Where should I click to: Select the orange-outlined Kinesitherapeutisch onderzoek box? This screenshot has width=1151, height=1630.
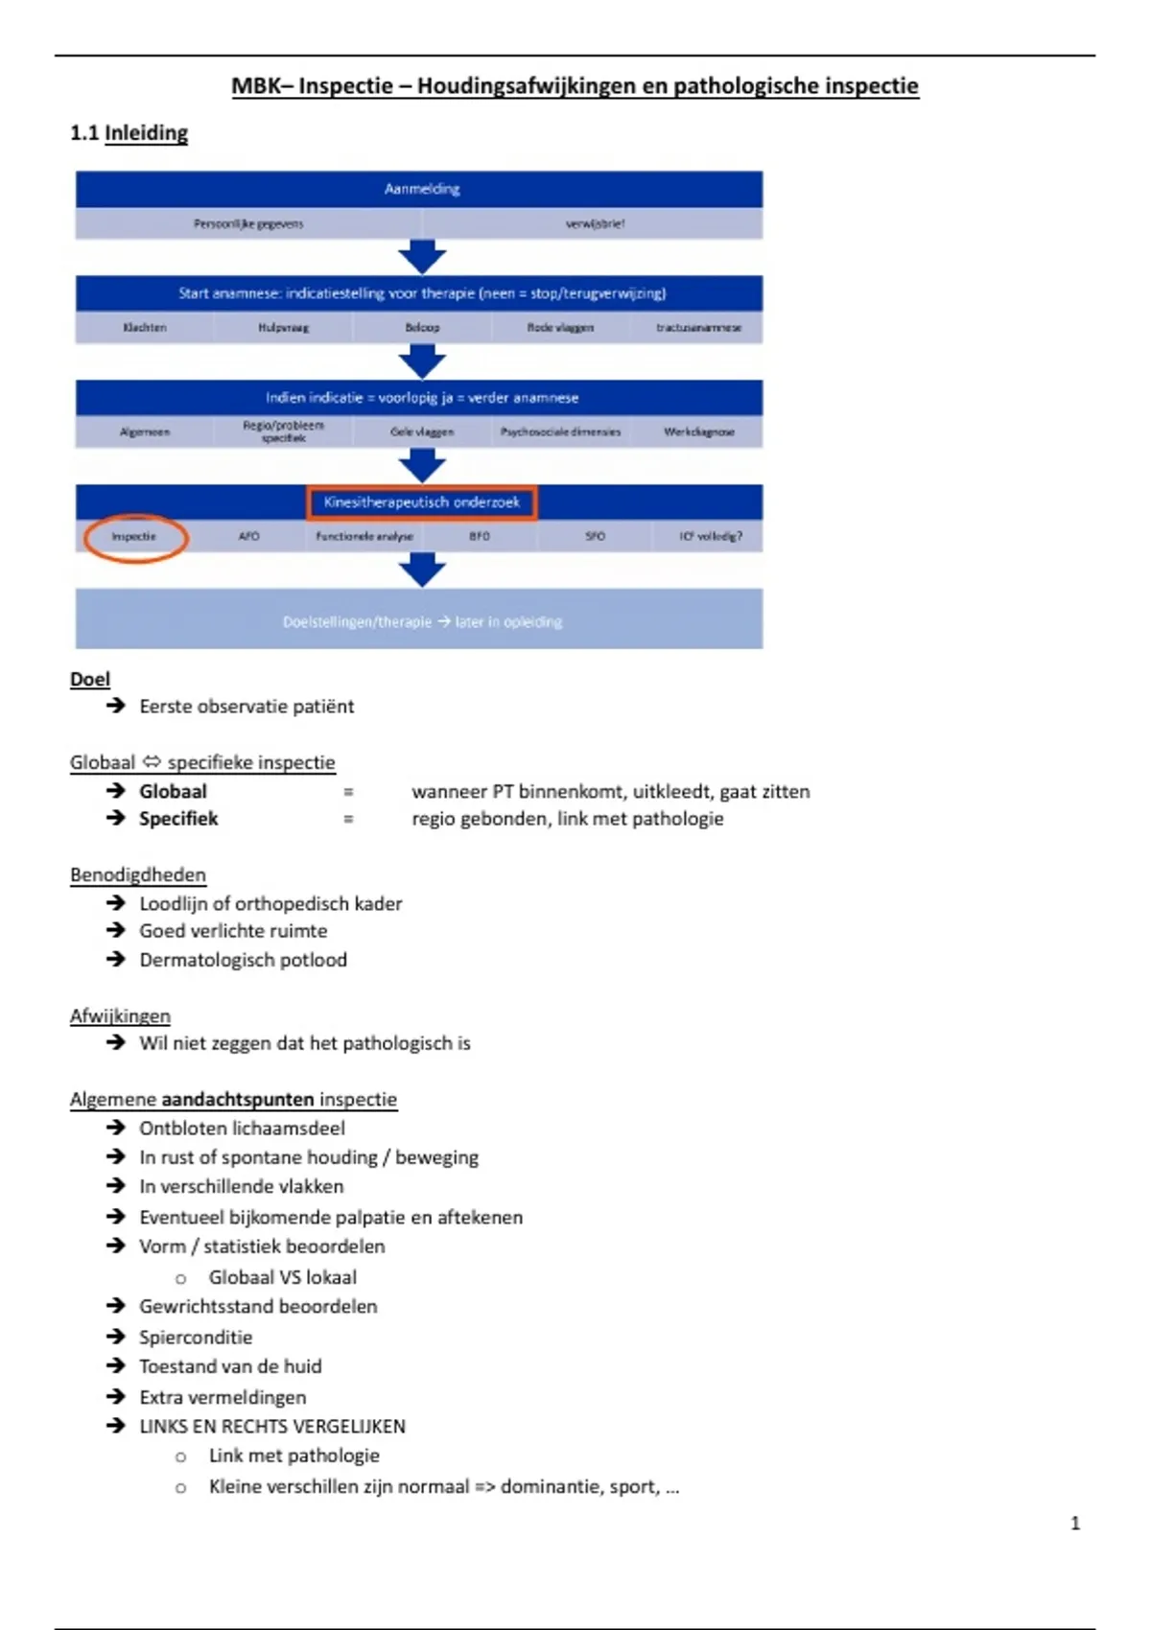click(x=421, y=501)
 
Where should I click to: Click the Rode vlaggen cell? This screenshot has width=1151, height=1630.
click(x=560, y=328)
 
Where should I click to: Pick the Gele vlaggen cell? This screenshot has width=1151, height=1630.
click(x=421, y=432)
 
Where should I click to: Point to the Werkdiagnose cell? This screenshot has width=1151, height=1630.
click(x=698, y=432)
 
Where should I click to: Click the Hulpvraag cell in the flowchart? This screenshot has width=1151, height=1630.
click(x=283, y=328)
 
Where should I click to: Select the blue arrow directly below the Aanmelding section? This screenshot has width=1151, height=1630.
click(x=421, y=257)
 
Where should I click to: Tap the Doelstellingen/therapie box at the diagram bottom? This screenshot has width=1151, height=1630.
click(x=421, y=621)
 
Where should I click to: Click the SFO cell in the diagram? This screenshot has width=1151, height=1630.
click(x=595, y=537)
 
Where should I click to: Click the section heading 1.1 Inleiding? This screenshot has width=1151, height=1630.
click(x=129, y=133)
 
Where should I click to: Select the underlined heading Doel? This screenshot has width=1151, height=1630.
click(x=90, y=679)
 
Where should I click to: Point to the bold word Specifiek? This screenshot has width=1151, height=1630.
click(x=178, y=819)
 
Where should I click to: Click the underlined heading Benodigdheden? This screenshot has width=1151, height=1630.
click(x=138, y=874)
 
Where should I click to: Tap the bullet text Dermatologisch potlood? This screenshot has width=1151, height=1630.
click(x=243, y=960)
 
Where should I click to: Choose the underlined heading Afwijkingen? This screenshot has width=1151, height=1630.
click(x=120, y=1015)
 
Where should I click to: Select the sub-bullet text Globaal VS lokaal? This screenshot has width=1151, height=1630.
click(x=282, y=1277)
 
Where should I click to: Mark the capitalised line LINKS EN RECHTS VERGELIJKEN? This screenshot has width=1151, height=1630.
click(x=272, y=1426)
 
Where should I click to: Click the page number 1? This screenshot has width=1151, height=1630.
click(x=1075, y=1523)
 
